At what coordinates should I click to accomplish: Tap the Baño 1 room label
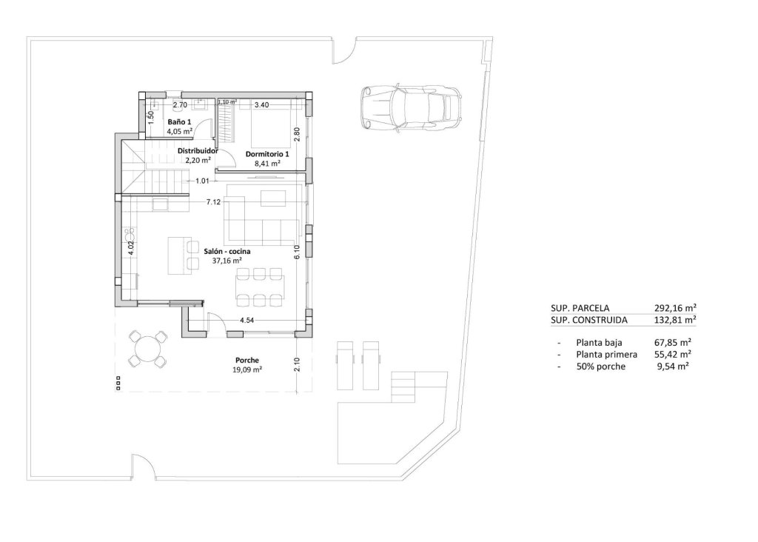point(179,121)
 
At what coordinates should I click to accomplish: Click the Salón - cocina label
point(227,252)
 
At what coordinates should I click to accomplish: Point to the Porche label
point(248,360)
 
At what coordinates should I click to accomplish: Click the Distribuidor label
point(197,150)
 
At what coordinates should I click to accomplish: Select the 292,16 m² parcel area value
point(675,308)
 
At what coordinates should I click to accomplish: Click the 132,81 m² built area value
point(675,321)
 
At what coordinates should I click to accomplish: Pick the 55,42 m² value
point(674,355)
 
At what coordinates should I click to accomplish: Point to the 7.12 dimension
point(215,201)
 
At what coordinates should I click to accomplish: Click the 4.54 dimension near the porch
point(248,321)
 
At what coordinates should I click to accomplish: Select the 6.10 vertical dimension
point(296,252)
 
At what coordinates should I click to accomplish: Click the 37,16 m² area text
point(227,261)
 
